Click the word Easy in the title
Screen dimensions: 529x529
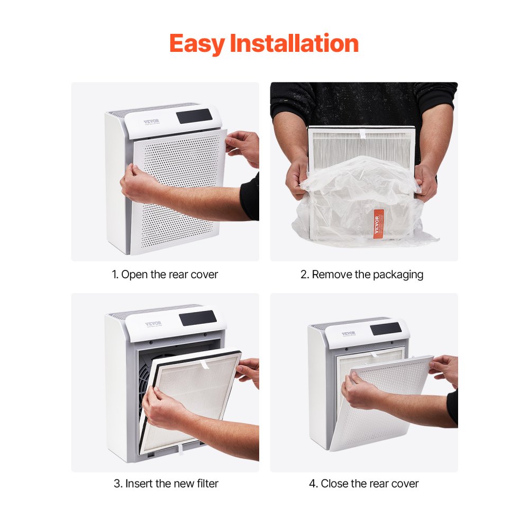click(x=197, y=43)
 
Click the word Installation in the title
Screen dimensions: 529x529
click(x=294, y=43)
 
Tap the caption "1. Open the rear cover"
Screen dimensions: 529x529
click(x=165, y=275)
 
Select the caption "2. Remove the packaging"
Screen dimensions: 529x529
click(x=362, y=275)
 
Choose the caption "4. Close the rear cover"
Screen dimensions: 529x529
click(x=363, y=484)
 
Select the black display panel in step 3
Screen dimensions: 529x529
click(x=197, y=318)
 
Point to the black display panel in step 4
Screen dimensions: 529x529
click(x=385, y=329)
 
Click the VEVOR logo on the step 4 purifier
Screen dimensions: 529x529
click(x=348, y=334)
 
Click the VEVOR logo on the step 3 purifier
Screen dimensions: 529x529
click(x=153, y=324)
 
